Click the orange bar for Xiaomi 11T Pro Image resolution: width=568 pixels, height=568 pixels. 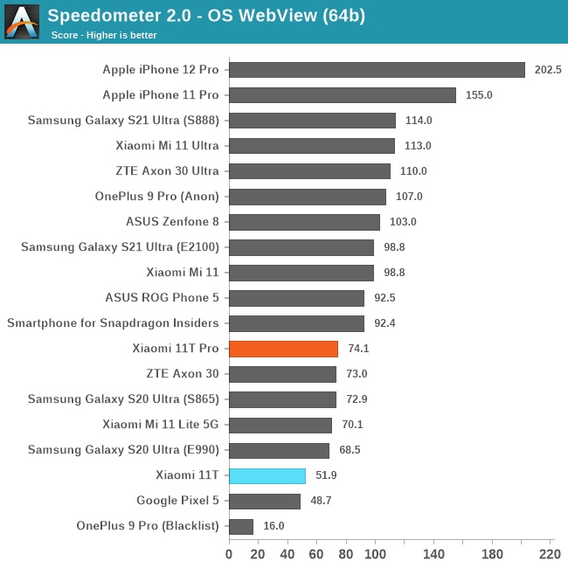pos(283,349)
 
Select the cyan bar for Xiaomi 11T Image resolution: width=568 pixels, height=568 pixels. pos(267,475)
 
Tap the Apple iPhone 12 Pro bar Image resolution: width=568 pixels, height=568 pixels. pos(377,70)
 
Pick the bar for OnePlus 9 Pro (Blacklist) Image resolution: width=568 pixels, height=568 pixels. pos(241,526)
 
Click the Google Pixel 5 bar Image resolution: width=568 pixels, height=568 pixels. pos(265,501)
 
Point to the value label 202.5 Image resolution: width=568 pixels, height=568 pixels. pos(547,70)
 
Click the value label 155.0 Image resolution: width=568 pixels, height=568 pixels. pos(479,95)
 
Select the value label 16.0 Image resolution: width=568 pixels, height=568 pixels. pos(274,526)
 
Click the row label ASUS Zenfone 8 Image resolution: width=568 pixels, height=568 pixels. pos(172,222)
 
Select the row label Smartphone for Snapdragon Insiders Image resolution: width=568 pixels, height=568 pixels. pos(113,323)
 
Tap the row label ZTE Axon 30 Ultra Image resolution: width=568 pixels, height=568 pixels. pos(167,171)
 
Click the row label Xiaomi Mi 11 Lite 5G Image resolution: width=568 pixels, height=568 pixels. pos(160,425)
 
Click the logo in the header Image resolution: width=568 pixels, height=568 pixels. pos(22,22)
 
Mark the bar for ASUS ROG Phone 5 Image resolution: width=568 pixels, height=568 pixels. pos(296,298)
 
